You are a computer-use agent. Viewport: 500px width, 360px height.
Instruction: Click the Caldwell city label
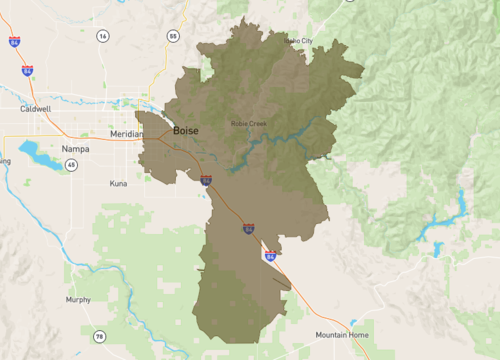[36, 108]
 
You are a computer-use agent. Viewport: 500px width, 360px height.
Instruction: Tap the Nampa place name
[76, 148]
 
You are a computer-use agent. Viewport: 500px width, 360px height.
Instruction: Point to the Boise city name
[186, 131]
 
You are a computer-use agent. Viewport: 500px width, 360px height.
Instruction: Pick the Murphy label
[78, 299]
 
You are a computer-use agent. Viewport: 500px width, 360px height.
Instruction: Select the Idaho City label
[299, 41]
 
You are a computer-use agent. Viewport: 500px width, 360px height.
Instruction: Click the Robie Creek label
[249, 124]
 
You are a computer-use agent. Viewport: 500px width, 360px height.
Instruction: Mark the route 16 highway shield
[102, 36]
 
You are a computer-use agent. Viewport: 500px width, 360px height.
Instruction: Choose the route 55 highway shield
[173, 36]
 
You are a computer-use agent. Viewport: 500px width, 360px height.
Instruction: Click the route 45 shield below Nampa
[72, 165]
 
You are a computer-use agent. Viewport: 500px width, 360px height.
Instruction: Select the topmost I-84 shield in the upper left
[13, 43]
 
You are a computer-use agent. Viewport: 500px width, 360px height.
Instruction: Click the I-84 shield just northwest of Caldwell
[27, 71]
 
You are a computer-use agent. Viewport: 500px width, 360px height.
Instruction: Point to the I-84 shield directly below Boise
[206, 181]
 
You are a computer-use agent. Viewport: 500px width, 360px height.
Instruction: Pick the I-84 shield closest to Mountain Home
[271, 256]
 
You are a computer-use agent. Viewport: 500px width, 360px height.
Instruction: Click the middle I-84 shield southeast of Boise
[248, 229]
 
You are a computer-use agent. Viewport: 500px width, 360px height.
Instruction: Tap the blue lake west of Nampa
[39, 155]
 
